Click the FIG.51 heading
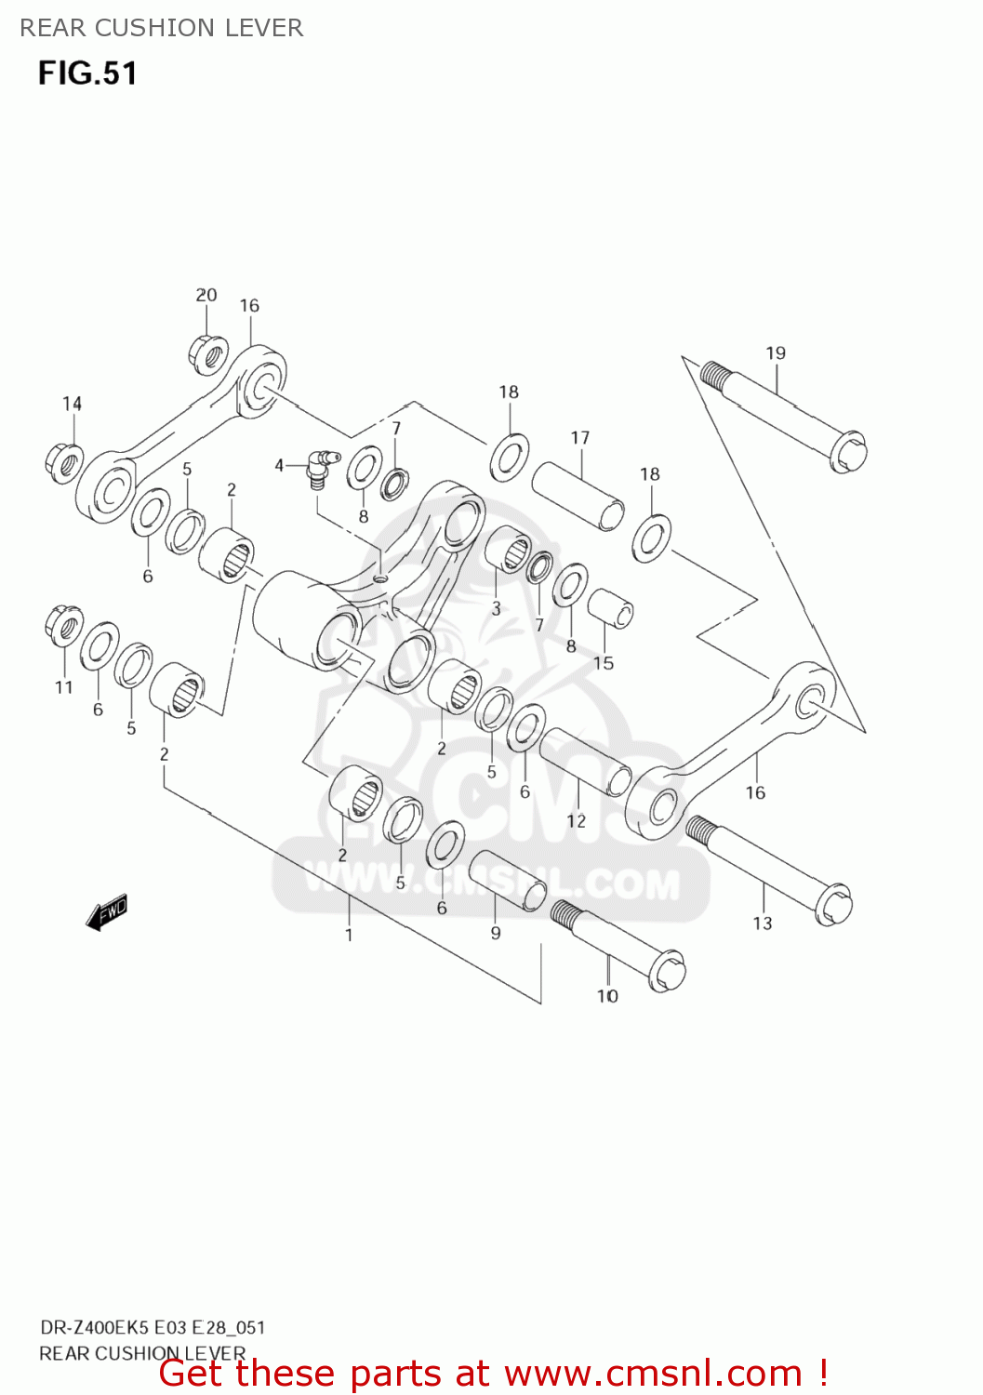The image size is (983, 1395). (x=87, y=73)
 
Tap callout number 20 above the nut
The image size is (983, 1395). (x=206, y=295)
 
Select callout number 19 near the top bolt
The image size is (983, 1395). (x=776, y=353)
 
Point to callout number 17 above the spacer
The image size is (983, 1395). (x=580, y=438)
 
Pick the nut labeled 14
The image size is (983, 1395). (x=63, y=460)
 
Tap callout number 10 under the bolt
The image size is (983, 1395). (x=607, y=996)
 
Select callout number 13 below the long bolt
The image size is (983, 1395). (x=763, y=923)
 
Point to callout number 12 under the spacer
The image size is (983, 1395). (x=577, y=820)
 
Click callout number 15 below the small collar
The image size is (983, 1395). (x=604, y=663)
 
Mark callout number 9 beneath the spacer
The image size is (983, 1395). (x=496, y=932)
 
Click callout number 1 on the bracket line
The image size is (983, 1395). (x=349, y=935)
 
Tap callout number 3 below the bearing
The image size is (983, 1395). (x=496, y=608)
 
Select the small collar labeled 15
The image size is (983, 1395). (x=611, y=608)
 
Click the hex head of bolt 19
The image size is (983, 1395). (x=847, y=452)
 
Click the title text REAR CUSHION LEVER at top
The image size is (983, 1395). (x=162, y=28)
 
